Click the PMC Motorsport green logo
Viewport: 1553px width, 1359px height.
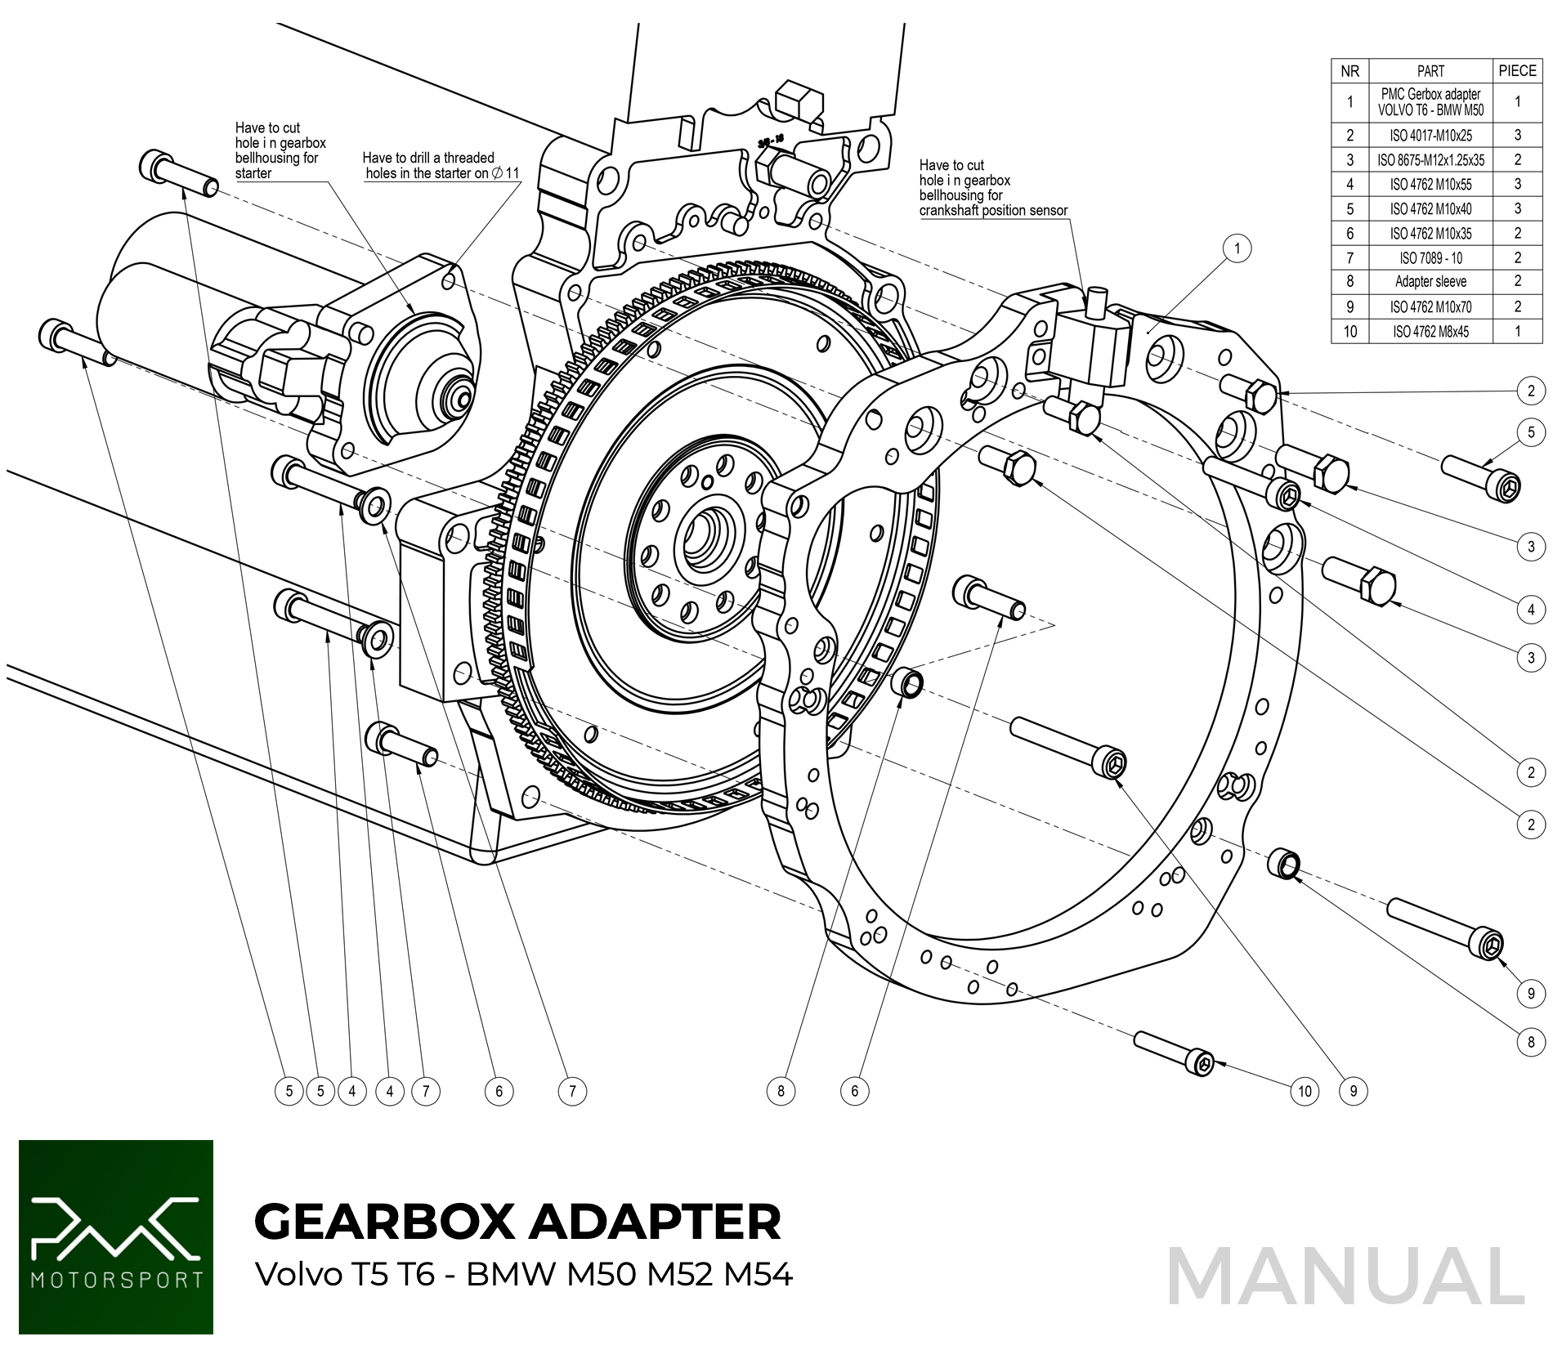pos(116,1236)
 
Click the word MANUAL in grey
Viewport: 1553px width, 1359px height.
pos(1345,1276)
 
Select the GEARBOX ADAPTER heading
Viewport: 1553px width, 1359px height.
pos(517,1221)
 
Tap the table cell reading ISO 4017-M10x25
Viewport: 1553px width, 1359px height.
pos(1430,136)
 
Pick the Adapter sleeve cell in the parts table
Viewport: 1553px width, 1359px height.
pos(1430,282)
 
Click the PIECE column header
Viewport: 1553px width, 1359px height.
pos(1517,71)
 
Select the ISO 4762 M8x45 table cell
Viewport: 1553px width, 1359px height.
pos(1430,332)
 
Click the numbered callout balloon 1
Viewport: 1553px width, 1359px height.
pos(1237,248)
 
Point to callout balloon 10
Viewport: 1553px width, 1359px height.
pos(1305,1091)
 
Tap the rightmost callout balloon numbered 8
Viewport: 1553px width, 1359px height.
pos(1531,1042)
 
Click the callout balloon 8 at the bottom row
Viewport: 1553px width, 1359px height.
pos(781,1091)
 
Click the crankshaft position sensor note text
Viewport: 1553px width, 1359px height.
pos(992,188)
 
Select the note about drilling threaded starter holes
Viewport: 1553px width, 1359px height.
pos(441,165)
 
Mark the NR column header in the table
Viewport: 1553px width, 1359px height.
pos(1349,71)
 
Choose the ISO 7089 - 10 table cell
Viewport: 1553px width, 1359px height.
pos(1430,258)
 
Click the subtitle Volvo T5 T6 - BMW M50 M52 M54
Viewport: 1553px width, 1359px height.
pos(523,1274)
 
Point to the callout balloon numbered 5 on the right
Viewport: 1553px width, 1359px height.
pos(1531,432)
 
